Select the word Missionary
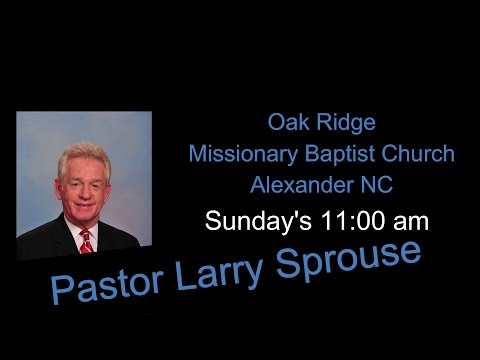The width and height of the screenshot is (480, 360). click(237, 155)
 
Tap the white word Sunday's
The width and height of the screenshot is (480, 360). click(249, 221)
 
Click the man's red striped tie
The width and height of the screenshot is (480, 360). click(86, 240)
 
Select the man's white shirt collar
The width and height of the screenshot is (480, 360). click(75, 232)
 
